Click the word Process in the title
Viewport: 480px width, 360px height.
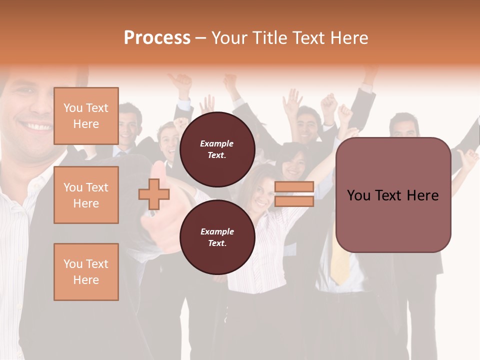pyautogui.click(x=157, y=38)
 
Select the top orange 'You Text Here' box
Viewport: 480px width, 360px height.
pyautogui.click(x=86, y=116)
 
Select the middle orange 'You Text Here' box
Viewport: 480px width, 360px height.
pyautogui.click(x=86, y=195)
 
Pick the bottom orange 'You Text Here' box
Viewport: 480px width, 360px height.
pyautogui.click(x=86, y=272)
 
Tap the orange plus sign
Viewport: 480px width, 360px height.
pyautogui.click(x=154, y=194)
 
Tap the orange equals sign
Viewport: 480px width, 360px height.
pyautogui.click(x=294, y=194)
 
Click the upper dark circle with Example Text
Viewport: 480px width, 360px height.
pyautogui.click(x=217, y=149)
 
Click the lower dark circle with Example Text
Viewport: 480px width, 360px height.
pyautogui.click(x=217, y=237)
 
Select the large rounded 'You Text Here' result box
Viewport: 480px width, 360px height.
pyautogui.click(x=393, y=195)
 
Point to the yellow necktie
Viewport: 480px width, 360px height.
pyautogui.click(x=340, y=260)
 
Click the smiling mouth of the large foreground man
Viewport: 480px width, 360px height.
pyautogui.click(x=35, y=126)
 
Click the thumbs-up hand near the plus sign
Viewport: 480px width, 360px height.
pyautogui.click(x=159, y=210)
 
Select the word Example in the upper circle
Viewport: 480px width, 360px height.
pyautogui.click(x=216, y=143)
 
